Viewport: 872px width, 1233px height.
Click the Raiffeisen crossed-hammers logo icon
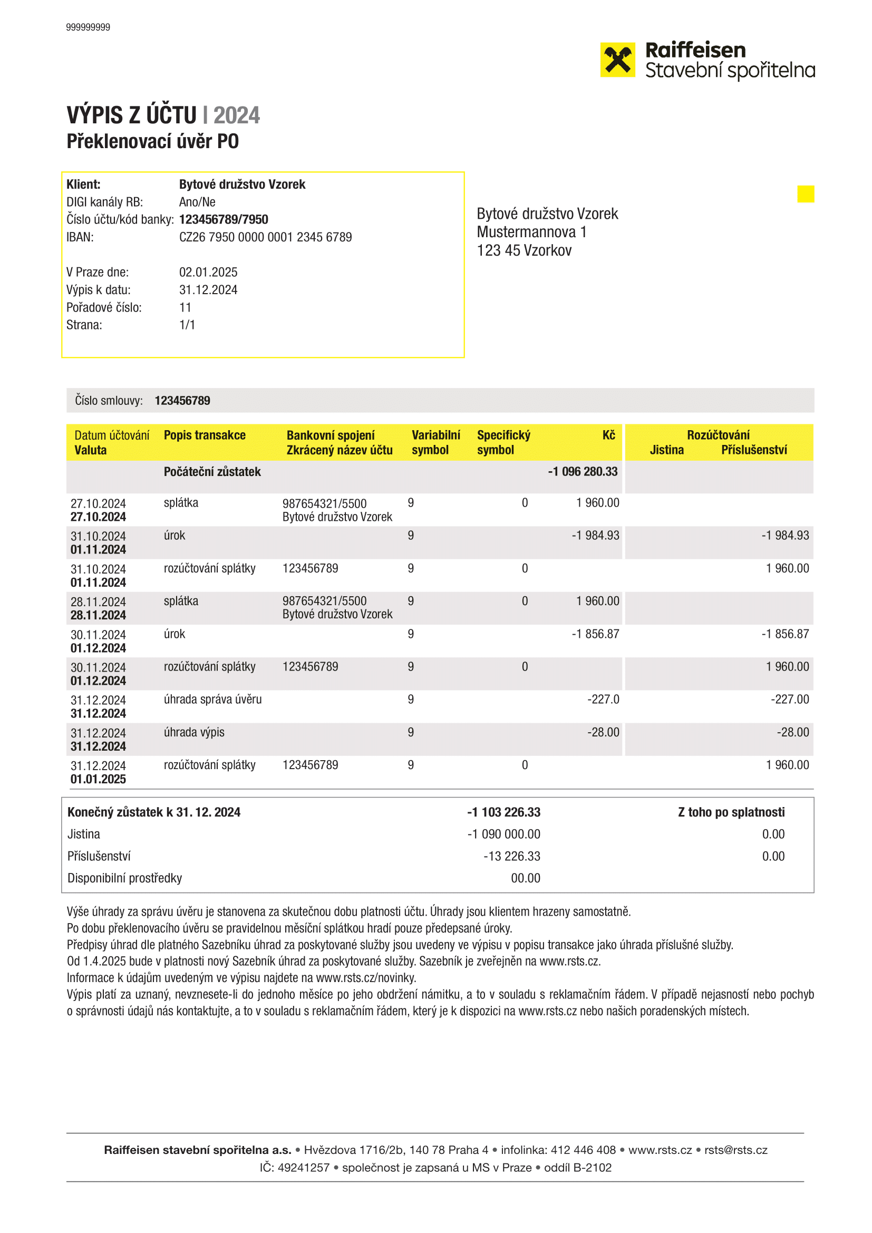point(617,60)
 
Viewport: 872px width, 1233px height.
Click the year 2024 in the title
point(236,115)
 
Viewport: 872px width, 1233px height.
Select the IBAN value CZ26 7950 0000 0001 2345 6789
point(265,237)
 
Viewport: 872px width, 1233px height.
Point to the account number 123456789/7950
point(224,220)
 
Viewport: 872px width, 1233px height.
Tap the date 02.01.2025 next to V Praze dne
point(208,272)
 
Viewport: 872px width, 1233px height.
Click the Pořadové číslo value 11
point(185,308)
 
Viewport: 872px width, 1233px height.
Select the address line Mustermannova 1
point(531,232)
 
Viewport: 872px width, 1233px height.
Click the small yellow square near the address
point(806,194)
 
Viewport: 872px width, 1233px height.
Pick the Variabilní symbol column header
point(435,442)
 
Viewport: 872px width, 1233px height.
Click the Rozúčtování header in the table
point(718,435)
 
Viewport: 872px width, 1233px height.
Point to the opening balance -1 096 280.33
point(583,471)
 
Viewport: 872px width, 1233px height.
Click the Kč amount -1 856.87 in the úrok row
point(595,634)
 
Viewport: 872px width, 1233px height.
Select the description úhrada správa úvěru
point(212,699)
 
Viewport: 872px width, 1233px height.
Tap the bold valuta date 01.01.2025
point(98,779)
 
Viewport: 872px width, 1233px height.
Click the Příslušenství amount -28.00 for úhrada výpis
point(792,733)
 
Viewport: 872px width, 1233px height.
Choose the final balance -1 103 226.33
point(503,812)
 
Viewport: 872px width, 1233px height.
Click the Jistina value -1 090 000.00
point(503,834)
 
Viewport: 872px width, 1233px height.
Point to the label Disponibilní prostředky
point(124,878)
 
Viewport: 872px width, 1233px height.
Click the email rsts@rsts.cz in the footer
point(735,1150)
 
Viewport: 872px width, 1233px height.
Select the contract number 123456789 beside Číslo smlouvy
point(182,401)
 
